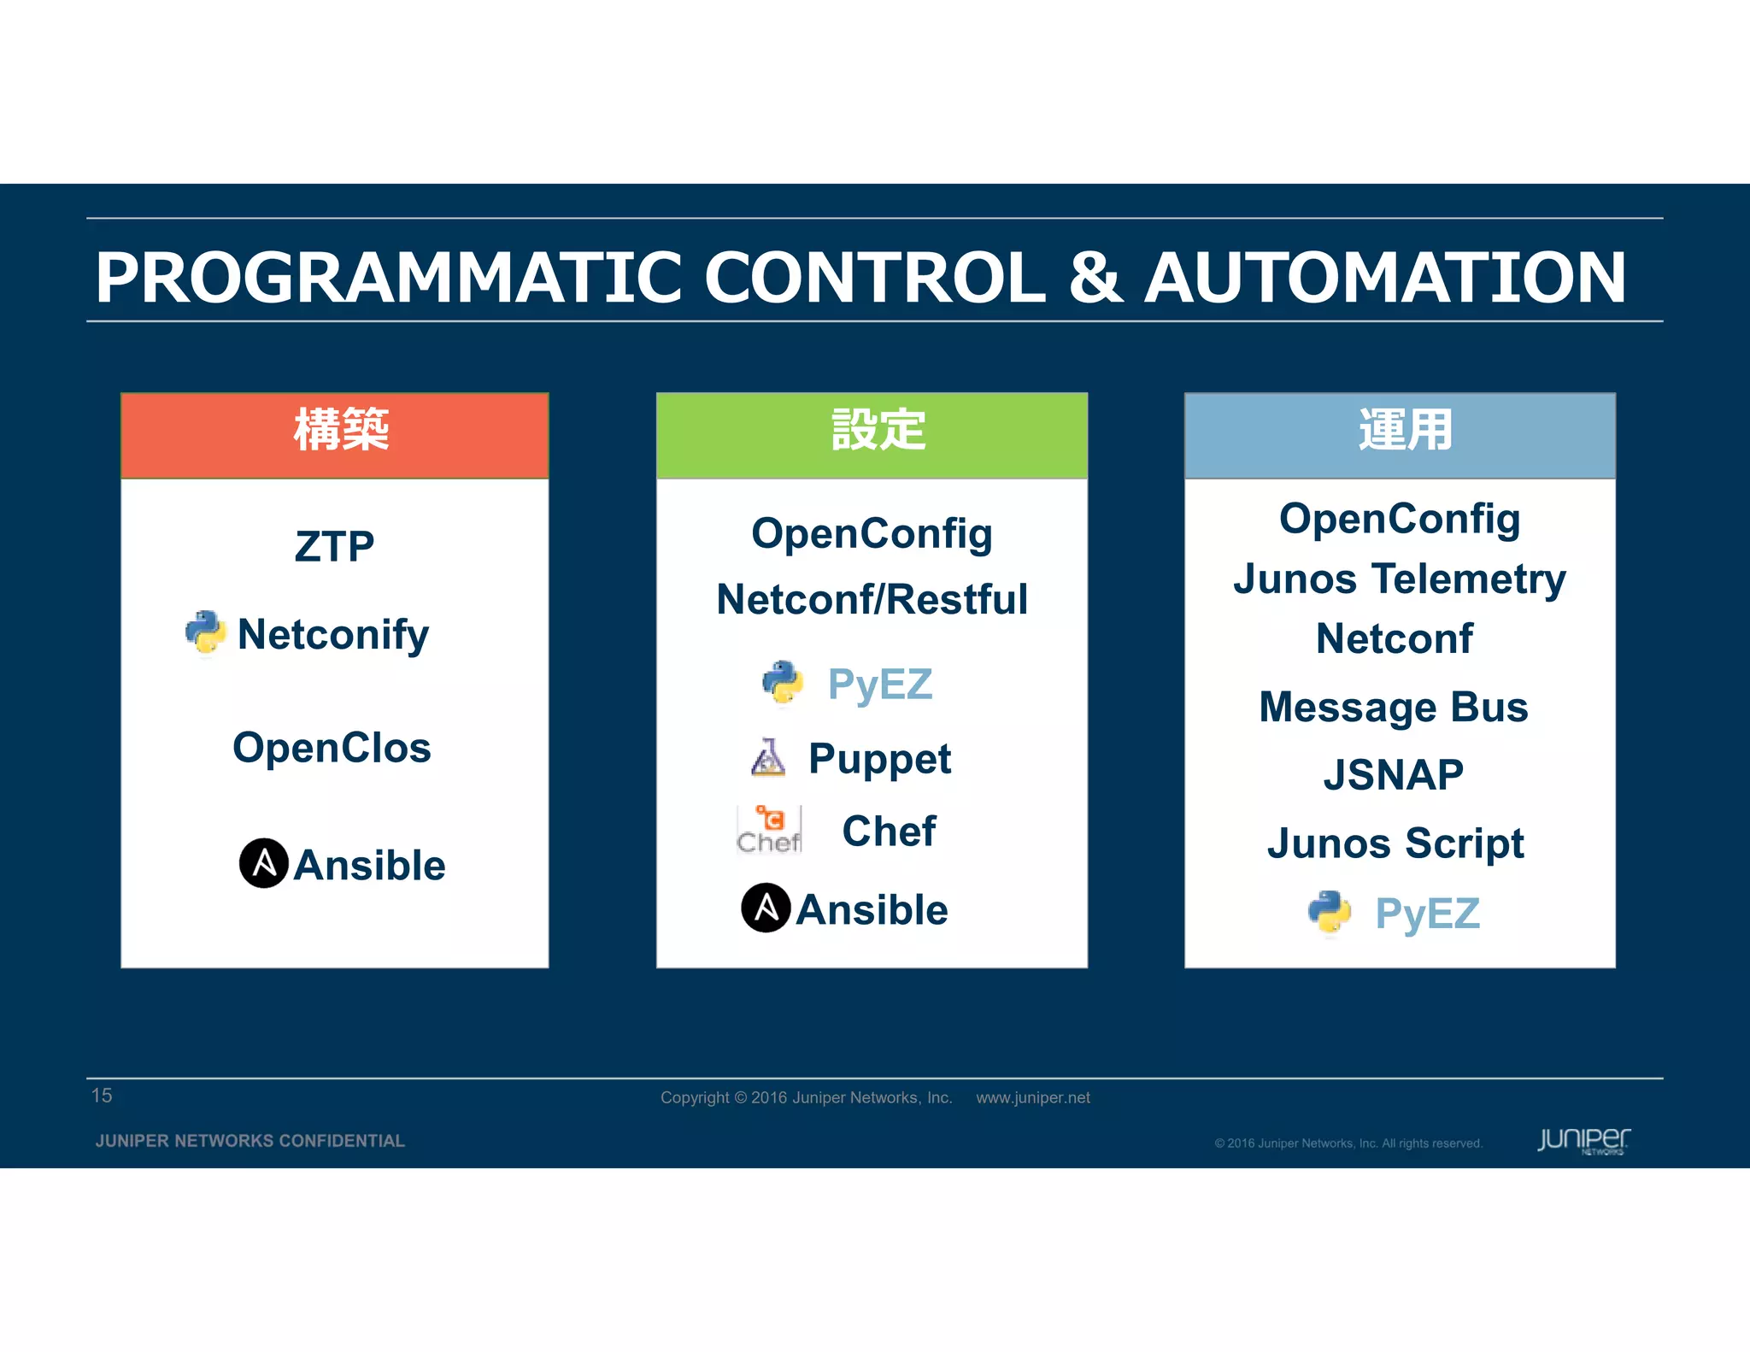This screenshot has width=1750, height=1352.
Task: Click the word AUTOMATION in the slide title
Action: [x=1385, y=278]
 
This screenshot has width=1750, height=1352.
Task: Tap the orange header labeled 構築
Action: [x=335, y=434]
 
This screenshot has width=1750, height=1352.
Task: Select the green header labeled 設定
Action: [x=872, y=434]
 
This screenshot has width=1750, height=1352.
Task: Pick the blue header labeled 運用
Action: [x=1400, y=434]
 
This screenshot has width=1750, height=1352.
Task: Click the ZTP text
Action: [x=334, y=547]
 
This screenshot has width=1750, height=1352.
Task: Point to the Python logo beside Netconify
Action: [x=205, y=633]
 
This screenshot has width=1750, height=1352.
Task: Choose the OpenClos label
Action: [x=332, y=748]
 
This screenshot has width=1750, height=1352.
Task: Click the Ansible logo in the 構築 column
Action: [x=263, y=863]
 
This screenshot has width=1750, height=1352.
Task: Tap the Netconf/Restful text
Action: [x=872, y=599]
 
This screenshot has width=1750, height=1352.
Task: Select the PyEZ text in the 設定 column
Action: [x=879, y=685]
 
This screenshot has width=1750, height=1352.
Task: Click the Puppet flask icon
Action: [x=767, y=758]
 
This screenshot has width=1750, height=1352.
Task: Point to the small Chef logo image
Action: [x=769, y=830]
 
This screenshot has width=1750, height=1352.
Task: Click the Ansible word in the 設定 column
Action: [x=872, y=909]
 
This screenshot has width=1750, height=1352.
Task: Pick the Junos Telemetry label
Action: [x=1400, y=579]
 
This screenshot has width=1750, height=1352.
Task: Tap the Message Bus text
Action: [x=1394, y=708]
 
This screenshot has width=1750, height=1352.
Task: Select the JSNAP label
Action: [x=1394, y=775]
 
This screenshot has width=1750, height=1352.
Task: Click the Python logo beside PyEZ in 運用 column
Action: [x=1329, y=913]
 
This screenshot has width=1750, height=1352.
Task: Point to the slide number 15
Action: [x=102, y=1096]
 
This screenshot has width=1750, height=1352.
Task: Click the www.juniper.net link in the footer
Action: [x=1033, y=1097]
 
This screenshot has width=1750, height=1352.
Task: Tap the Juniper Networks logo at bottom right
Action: [x=1583, y=1140]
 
